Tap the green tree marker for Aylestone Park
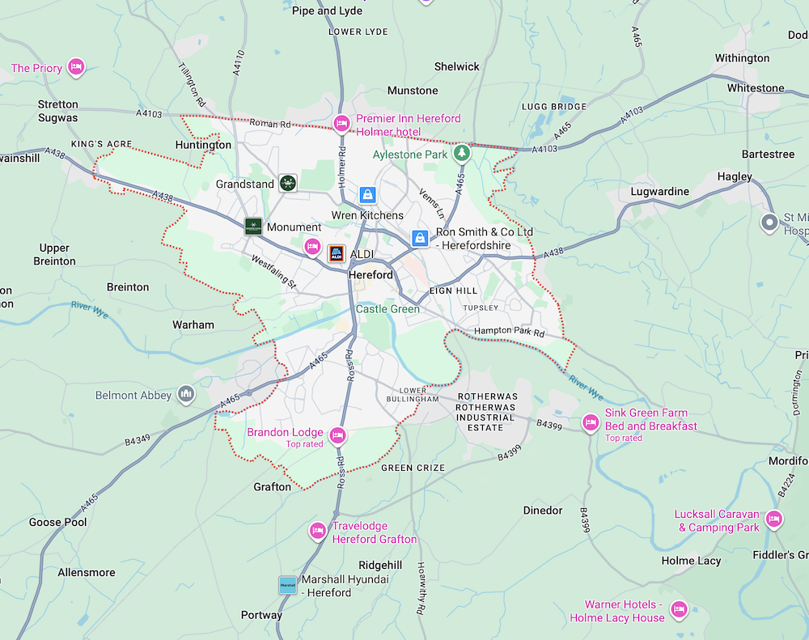[x=461, y=153]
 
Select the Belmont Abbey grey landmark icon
[x=187, y=395]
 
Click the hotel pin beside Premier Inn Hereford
[x=341, y=124]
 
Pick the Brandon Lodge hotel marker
[x=338, y=436]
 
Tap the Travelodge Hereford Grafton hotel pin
[x=318, y=532]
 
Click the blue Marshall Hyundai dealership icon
[x=287, y=585]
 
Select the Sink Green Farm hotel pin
[x=591, y=422]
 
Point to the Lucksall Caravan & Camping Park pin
[x=774, y=519]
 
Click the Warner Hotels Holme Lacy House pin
[x=678, y=609]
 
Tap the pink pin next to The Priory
[x=76, y=67]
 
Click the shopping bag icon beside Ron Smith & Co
[x=420, y=238]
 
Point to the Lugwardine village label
[x=659, y=192]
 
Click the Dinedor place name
[x=543, y=511]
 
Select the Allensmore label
[x=86, y=572]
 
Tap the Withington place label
[x=742, y=58]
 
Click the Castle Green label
[x=388, y=309]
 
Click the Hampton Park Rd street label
[x=510, y=332]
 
